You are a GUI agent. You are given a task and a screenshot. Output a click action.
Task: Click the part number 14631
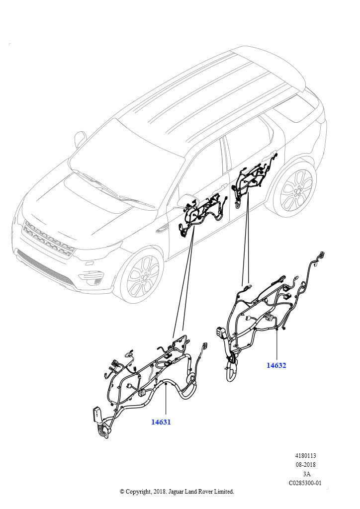coord(161,422)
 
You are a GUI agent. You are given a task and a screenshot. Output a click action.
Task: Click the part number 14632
coord(276,365)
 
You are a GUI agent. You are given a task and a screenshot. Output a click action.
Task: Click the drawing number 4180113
coord(305,456)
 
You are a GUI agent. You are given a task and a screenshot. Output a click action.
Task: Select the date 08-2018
coord(305,465)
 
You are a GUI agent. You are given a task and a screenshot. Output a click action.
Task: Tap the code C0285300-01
coord(305,483)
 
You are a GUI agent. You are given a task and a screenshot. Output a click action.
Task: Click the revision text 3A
coord(306,474)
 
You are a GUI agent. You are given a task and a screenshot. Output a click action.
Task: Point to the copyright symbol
coord(122,492)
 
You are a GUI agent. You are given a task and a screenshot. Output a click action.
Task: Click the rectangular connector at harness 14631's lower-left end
coord(97,416)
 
